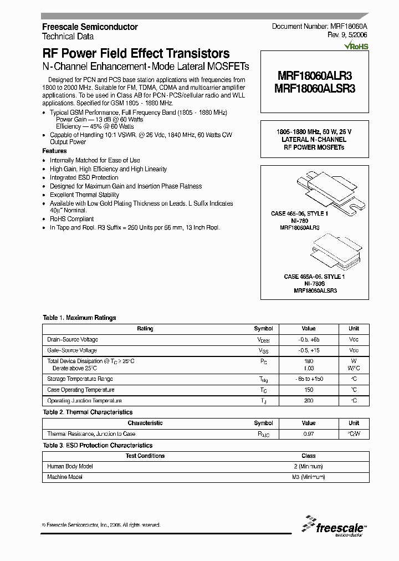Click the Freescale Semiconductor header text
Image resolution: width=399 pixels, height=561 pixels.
90,27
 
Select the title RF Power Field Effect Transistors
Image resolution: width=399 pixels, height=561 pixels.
136,54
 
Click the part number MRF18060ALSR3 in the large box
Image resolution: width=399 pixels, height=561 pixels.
314,88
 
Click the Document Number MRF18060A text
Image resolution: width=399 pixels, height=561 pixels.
320,27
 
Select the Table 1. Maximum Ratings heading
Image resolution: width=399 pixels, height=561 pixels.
79,318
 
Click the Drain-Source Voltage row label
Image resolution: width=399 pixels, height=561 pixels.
73,339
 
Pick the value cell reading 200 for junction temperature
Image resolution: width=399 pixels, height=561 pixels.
309,400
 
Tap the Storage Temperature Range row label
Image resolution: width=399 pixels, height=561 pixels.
80,379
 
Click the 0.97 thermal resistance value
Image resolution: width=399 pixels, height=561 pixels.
309,433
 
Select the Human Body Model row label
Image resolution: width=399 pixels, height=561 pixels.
70,466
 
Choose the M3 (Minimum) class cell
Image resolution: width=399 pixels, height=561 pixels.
309,477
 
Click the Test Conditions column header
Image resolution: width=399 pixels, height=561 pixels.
145,456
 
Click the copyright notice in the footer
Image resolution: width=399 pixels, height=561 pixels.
101,524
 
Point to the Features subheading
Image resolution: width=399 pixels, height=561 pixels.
54,151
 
